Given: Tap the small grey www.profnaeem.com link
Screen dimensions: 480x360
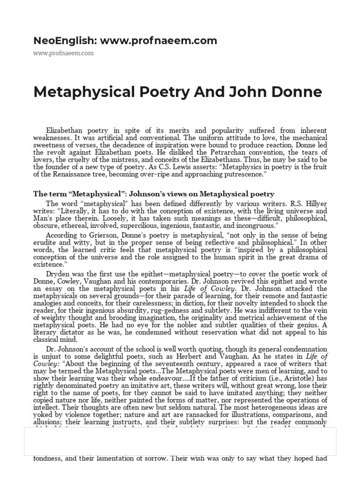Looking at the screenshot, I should [63, 53].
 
